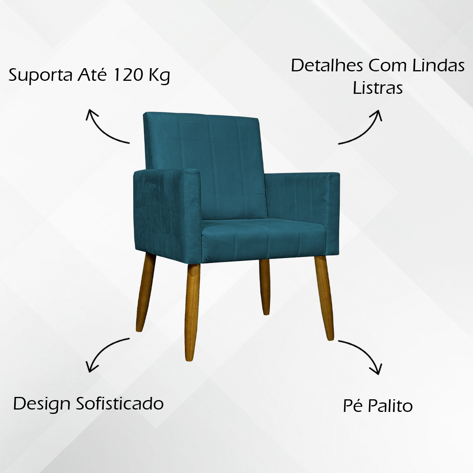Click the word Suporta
[41, 76]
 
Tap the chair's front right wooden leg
[324, 298]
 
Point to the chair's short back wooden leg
[264, 287]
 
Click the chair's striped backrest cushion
[205, 166]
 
